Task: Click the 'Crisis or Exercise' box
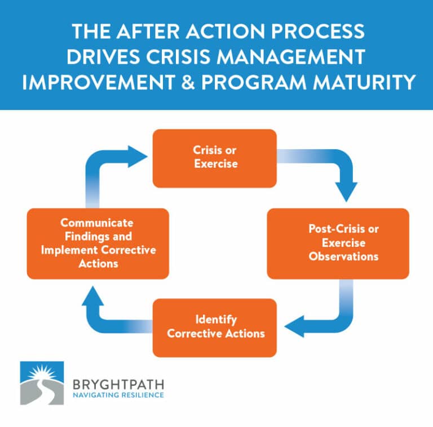tap(214, 158)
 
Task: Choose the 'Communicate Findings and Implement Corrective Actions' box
tap(98, 243)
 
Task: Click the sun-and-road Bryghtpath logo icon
tap(42, 383)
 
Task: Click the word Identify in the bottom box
tap(215, 320)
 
